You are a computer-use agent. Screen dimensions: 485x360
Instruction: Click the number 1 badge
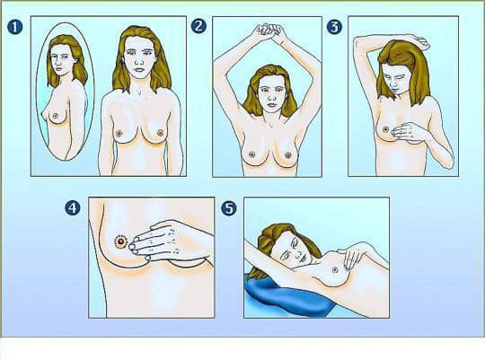click(x=15, y=27)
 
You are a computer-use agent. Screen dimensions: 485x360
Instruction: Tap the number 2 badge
click(x=198, y=26)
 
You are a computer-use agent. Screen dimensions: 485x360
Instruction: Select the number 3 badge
click(x=334, y=27)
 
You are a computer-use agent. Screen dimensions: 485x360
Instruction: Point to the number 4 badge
click(x=73, y=208)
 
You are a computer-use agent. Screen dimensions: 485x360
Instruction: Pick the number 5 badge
click(x=229, y=208)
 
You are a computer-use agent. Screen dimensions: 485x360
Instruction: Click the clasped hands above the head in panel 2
click(x=268, y=31)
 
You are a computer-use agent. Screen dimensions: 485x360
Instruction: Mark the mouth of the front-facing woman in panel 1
click(x=139, y=69)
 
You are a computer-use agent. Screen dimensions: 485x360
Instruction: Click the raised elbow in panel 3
click(x=359, y=40)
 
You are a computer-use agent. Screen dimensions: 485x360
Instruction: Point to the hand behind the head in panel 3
click(x=421, y=42)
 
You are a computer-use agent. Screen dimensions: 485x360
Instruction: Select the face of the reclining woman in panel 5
click(x=291, y=249)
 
